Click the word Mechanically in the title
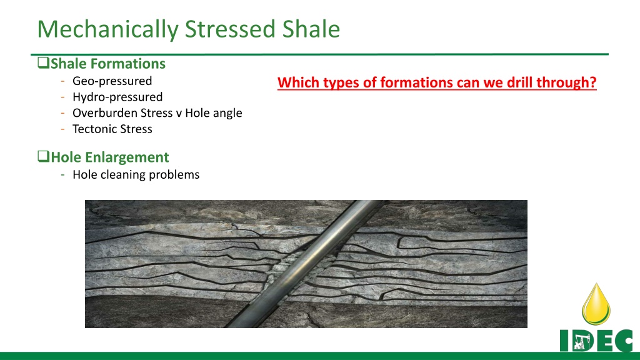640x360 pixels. [107, 30]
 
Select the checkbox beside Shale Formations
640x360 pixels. [43, 63]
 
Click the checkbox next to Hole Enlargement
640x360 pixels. [43, 156]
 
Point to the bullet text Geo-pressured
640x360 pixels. [112, 81]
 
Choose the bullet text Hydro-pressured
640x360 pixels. [117, 97]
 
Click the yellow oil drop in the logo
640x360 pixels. [596, 304]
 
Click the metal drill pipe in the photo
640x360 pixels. [304, 264]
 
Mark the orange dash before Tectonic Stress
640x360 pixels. [63, 129]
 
